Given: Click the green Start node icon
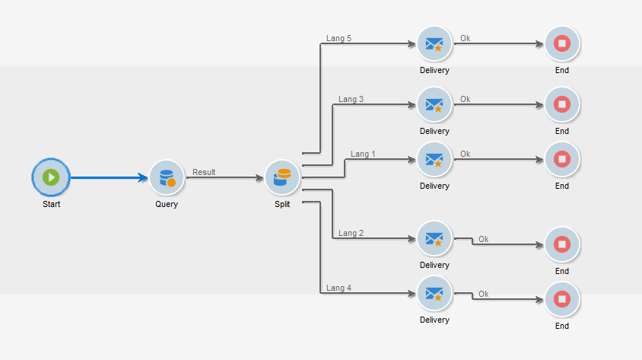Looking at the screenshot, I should [x=51, y=177].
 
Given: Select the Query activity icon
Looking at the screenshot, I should [x=167, y=177].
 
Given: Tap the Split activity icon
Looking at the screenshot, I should [x=282, y=177].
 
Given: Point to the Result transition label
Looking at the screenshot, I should [x=204, y=172].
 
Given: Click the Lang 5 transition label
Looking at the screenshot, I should [x=338, y=39].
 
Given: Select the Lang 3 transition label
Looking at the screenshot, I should [x=351, y=99].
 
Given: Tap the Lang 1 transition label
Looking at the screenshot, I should [x=363, y=154].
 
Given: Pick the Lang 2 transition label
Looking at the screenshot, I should [x=351, y=233].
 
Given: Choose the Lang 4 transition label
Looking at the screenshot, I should [x=338, y=288].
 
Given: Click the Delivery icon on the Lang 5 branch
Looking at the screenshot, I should [x=434, y=43].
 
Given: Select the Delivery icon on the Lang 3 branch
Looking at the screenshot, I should [x=434, y=104].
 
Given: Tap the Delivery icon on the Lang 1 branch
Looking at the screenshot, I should [x=434, y=159].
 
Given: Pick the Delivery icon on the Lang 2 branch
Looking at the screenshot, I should [x=434, y=238].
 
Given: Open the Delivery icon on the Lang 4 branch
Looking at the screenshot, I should [x=434, y=293].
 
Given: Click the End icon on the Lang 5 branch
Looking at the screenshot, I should [x=562, y=43].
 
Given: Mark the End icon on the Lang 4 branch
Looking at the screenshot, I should [x=562, y=299].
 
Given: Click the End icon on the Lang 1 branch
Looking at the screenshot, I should [x=562, y=159].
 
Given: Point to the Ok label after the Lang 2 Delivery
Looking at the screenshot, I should [x=483, y=239].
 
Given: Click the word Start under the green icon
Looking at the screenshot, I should [x=51, y=204].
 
